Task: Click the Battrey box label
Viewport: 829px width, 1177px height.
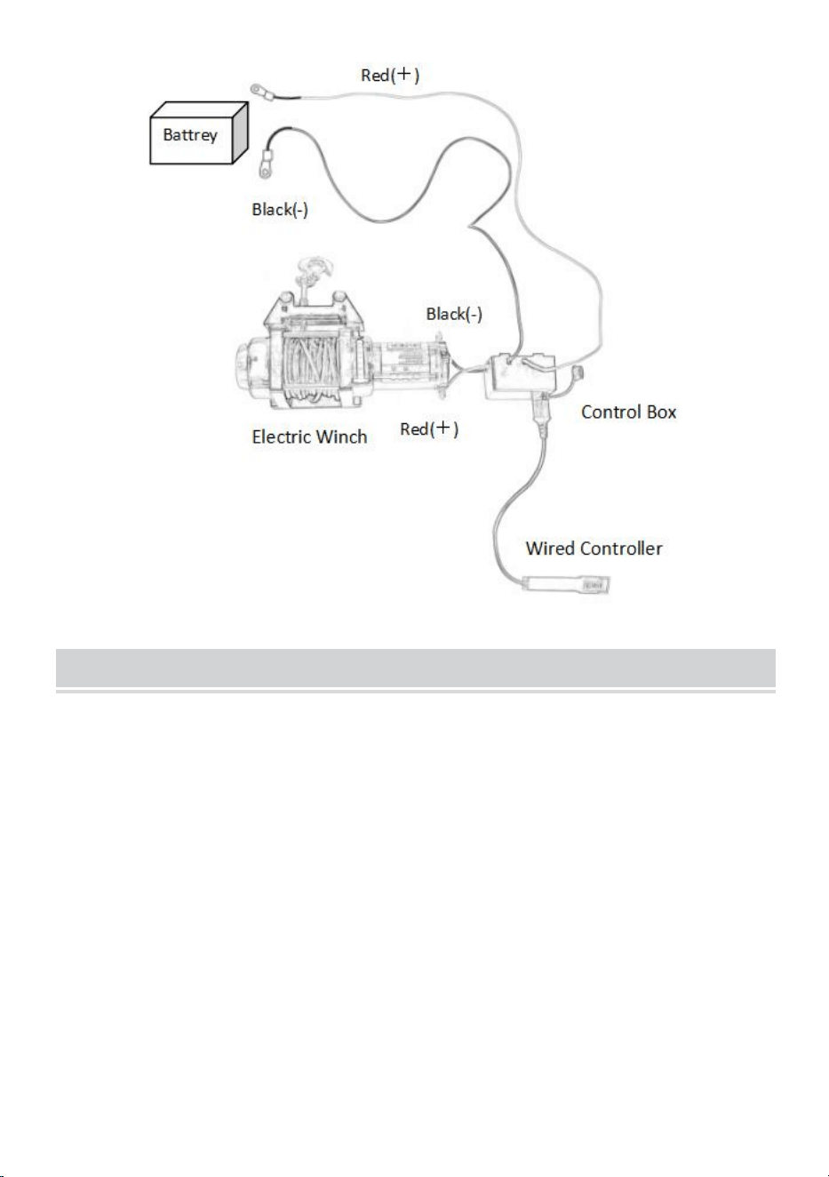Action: pyautogui.click(x=189, y=135)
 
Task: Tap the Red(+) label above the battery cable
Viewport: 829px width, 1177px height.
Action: pyautogui.click(x=390, y=75)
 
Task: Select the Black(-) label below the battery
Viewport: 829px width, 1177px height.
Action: pyautogui.click(x=280, y=210)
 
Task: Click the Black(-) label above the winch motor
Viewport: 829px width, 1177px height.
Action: pyautogui.click(x=454, y=314)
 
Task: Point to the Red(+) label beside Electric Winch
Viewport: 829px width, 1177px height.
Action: pyautogui.click(x=429, y=428)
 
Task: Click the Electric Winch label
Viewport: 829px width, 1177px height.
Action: pyautogui.click(x=309, y=436)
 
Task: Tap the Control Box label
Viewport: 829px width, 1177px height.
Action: pyautogui.click(x=628, y=412)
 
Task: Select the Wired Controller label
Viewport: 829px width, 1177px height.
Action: pyautogui.click(x=594, y=548)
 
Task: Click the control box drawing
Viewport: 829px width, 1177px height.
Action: pyautogui.click(x=520, y=376)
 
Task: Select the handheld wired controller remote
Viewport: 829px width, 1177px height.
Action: pyautogui.click(x=566, y=584)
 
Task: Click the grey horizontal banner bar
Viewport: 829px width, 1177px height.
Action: pyautogui.click(x=416, y=668)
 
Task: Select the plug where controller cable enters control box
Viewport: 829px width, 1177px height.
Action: pyautogui.click(x=542, y=415)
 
